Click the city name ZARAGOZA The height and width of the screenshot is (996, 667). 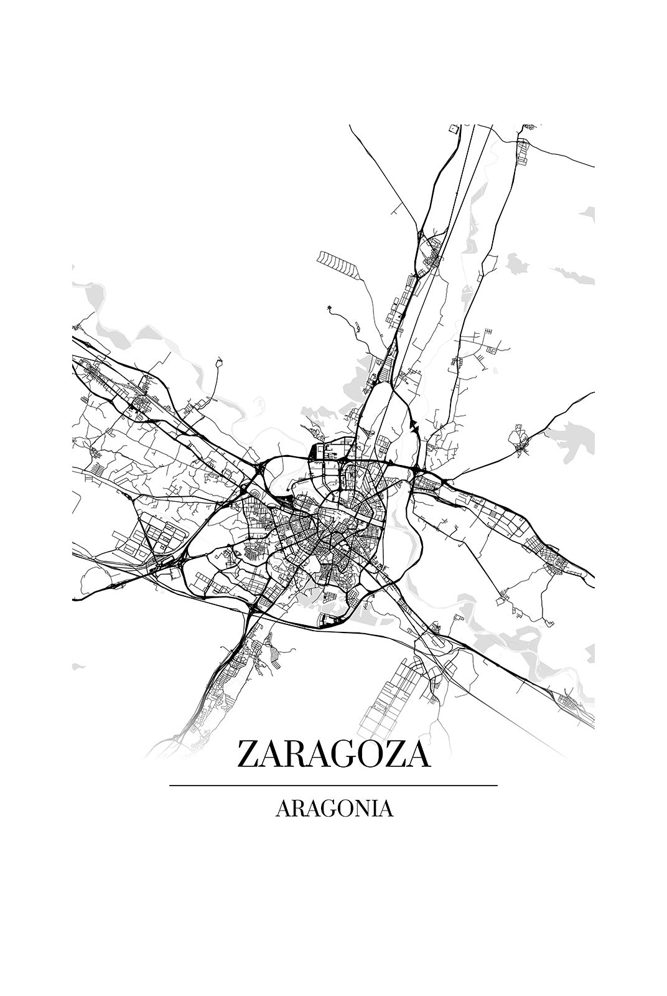pyautogui.click(x=333, y=754)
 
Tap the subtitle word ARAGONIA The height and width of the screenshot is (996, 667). pyautogui.click(x=333, y=809)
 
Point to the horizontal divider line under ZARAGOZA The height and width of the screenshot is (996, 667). pyautogui.click(x=333, y=786)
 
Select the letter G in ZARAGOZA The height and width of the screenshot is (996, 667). pyautogui.click(x=337, y=754)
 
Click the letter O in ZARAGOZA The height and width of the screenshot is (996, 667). pyautogui.click(x=366, y=754)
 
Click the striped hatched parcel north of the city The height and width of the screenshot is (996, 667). pyautogui.click(x=338, y=264)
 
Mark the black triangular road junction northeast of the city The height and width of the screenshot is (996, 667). pyautogui.click(x=414, y=426)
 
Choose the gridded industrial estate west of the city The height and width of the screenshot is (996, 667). pyautogui.click(x=149, y=535)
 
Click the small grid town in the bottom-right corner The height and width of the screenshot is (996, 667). pyautogui.click(x=571, y=703)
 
